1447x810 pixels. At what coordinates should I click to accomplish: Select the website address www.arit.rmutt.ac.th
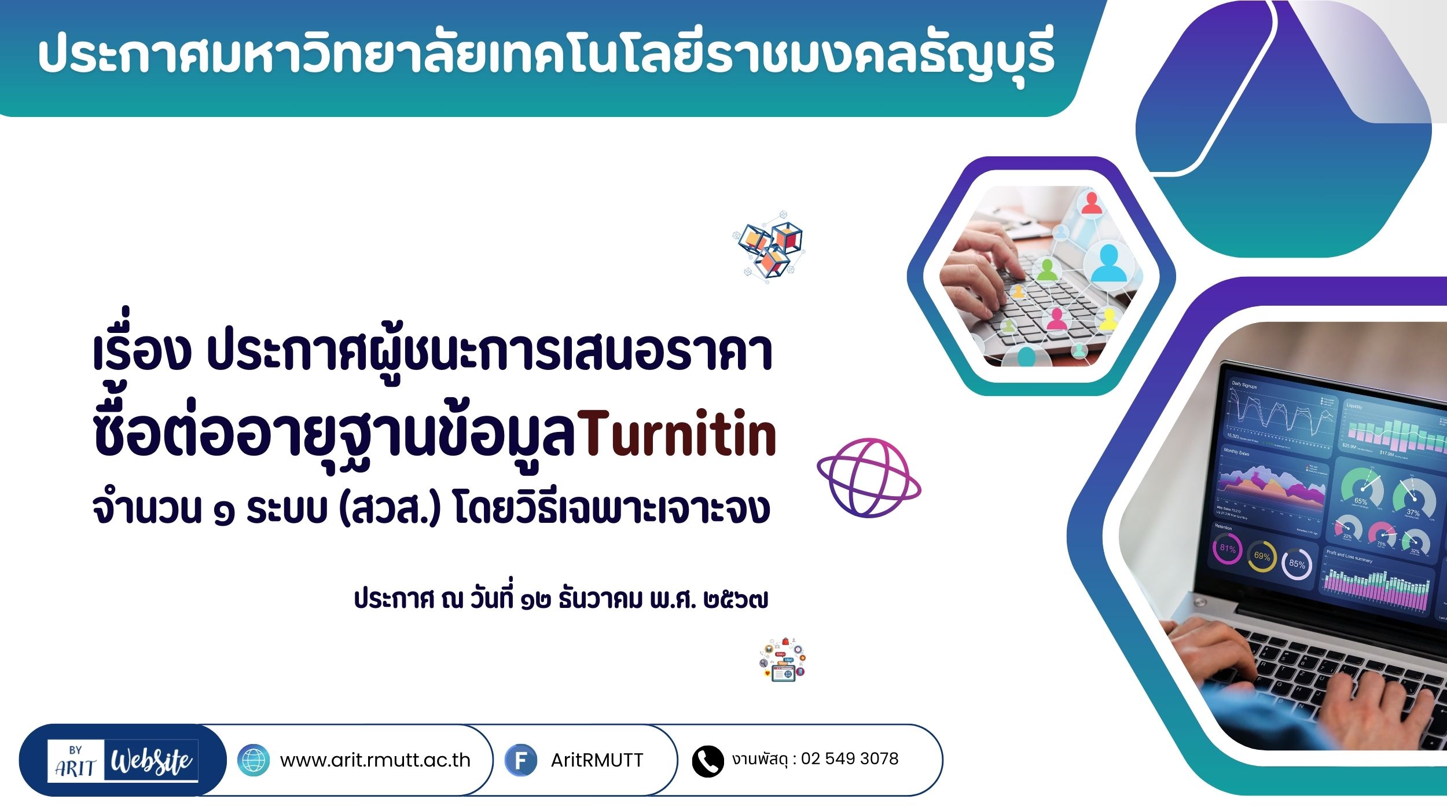click(375, 760)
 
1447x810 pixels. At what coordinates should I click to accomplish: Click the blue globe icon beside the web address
click(254, 760)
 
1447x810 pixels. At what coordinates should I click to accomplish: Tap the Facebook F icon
click(521, 760)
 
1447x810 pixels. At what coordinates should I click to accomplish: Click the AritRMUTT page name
click(597, 760)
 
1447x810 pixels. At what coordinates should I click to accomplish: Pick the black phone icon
click(708, 761)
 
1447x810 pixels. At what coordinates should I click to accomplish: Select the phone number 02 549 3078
click(850, 758)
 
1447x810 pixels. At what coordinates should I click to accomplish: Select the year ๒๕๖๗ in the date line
click(736, 600)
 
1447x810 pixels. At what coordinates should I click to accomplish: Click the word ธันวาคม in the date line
click(600, 599)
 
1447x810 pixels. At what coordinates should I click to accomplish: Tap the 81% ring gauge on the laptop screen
click(1227, 548)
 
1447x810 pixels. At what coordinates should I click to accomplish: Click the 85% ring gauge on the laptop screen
click(1297, 564)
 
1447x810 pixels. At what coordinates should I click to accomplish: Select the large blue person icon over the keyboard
click(1108, 263)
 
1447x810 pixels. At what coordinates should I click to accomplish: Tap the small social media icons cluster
click(783, 659)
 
